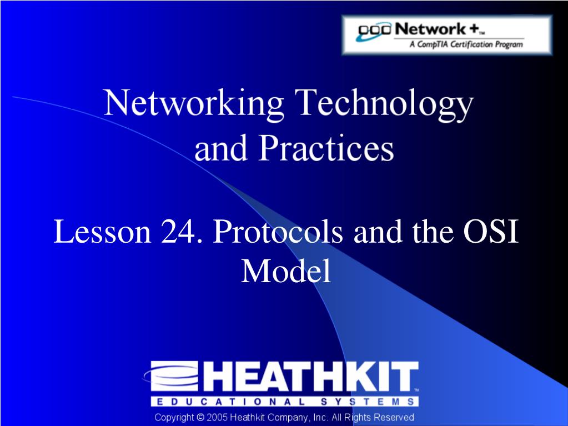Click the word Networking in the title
tap(193, 103)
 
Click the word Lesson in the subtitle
tap(102, 232)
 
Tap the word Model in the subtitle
tap(286, 270)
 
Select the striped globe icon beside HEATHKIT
tap(172, 377)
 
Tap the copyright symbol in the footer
tap(200, 417)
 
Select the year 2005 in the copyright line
tap(217, 417)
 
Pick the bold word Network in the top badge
tap(430, 29)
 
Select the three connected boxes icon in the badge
tap(374, 31)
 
